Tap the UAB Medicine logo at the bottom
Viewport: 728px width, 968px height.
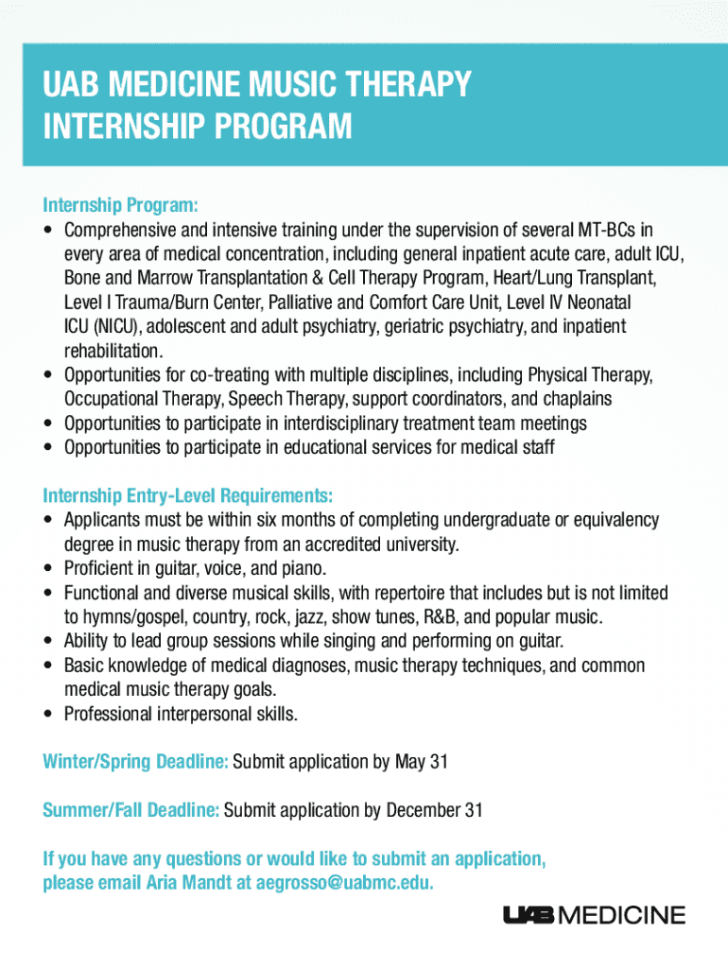[595, 915]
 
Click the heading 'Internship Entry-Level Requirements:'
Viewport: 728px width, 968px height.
[188, 495]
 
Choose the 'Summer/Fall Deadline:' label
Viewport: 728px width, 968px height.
[131, 810]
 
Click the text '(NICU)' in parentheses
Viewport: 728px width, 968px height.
[91, 327]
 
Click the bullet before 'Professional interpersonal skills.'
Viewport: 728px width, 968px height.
[48, 715]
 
